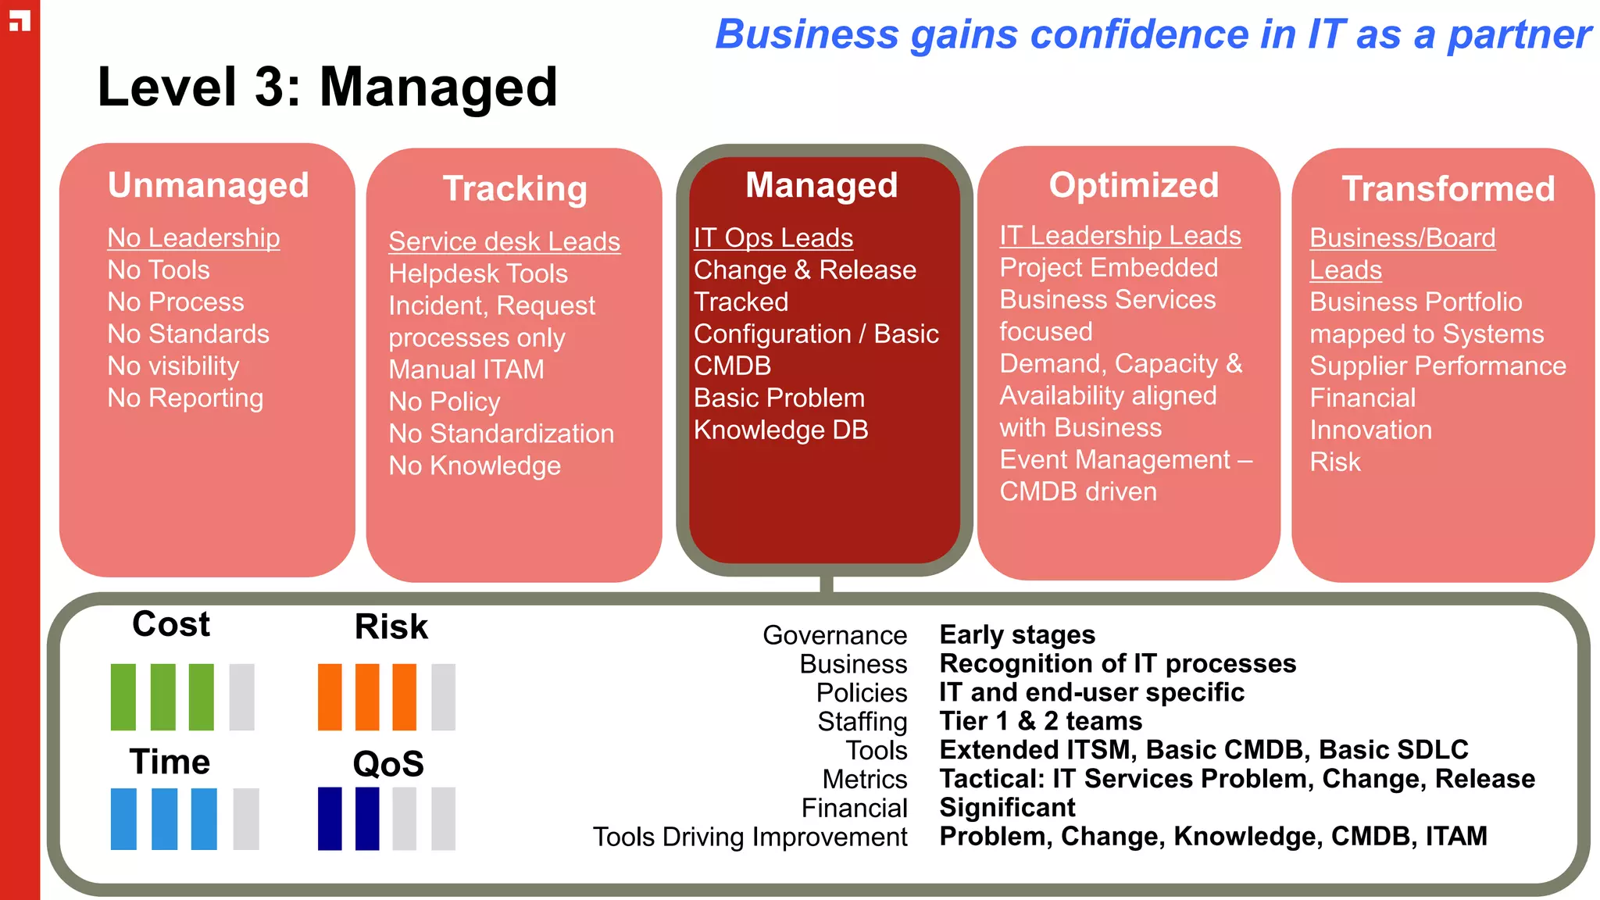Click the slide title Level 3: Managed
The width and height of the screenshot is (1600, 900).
click(x=327, y=87)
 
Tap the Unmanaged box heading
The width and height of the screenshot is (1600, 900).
click(x=208, y=185)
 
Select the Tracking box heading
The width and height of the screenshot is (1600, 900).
click(x=514, y=189)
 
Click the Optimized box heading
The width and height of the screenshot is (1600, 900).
click(x=1133, y=185)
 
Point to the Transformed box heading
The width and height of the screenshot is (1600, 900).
click(x=1448, y=189)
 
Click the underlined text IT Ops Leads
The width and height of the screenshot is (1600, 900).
click(x=773, y=237)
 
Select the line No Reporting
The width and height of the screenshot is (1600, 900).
click(x=185, y=398)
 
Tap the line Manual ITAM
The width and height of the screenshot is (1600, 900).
click(x=466, y=369)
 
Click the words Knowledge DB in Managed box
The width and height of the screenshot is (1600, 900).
click(x=780, y=430)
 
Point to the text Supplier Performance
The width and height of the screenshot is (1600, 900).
click(x=1437, y=366)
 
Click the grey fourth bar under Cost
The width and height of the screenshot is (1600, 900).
click(x=241, y=697)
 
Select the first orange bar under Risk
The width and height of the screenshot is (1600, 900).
click(x=330, y=697)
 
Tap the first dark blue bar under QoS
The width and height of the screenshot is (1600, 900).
click(x=330, y=818)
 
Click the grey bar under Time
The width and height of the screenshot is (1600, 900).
click(x=245, y=818)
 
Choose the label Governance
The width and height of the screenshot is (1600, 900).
click(x=834, y=635)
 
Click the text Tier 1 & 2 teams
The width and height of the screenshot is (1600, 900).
click(x=1040, y=720)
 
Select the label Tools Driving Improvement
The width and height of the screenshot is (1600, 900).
click(x=749, y=837)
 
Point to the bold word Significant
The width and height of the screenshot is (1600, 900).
click(x=1007, y=807)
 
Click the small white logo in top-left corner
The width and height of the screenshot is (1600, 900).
click(x=20, y=20)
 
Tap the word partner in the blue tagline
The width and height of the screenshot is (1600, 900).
click(x=1518, y=35)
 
